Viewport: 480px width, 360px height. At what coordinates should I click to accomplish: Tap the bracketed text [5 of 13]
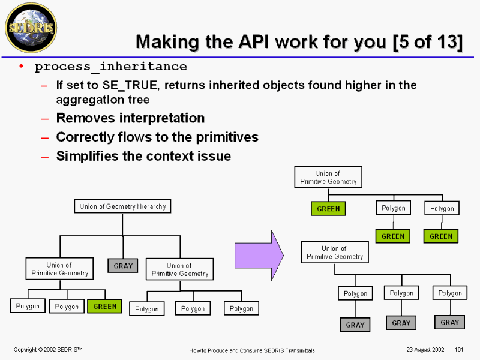(x=428, y=41)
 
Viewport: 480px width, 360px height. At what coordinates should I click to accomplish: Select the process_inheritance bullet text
(x=111, y=66)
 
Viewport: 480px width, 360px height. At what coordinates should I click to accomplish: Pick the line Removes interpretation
(x=130, y=118)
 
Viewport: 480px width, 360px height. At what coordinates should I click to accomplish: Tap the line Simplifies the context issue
(x=143, y=157)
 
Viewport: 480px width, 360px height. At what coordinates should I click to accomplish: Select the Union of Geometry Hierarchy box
(x=122, y=206)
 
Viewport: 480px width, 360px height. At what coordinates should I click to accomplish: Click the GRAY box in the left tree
(x=123, y=265)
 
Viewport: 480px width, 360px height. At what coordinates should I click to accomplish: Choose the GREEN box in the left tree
(x=104, y=306)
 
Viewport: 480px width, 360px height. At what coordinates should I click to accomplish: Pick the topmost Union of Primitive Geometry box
(x=328, y=177)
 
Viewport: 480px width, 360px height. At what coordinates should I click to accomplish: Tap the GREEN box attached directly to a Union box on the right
(x=328, y=209)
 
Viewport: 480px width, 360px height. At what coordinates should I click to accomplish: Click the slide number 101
(x=460, y=350)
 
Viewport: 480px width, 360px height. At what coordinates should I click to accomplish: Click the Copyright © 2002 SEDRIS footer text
(x=48, y=350)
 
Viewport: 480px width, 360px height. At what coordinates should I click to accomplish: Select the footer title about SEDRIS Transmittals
(x=251, y=350)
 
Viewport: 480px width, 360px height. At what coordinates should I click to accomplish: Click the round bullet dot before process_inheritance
(x=22, y=66)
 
